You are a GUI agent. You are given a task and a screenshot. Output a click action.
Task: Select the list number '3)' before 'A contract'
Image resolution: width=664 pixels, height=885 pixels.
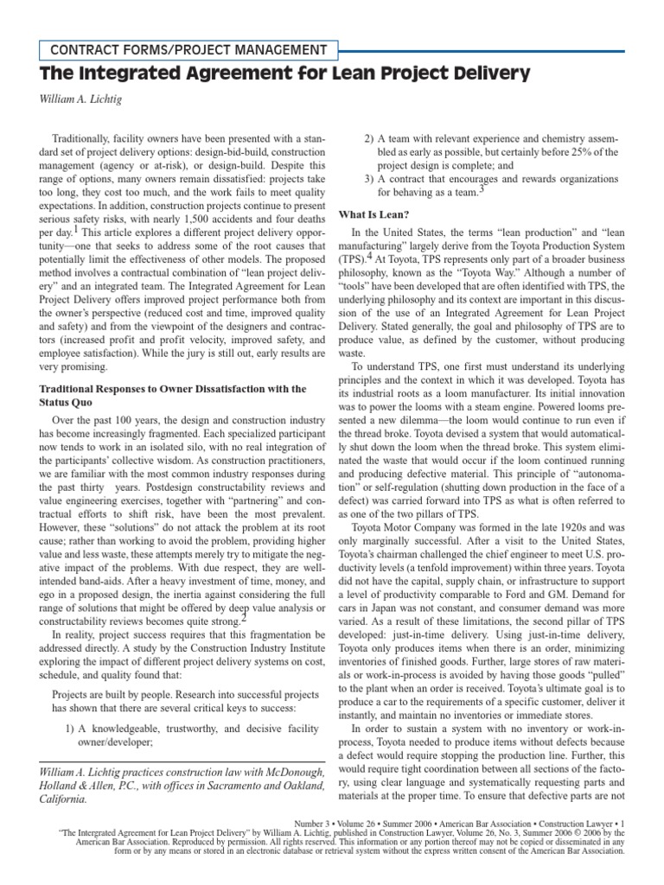[x=369, y=177]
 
